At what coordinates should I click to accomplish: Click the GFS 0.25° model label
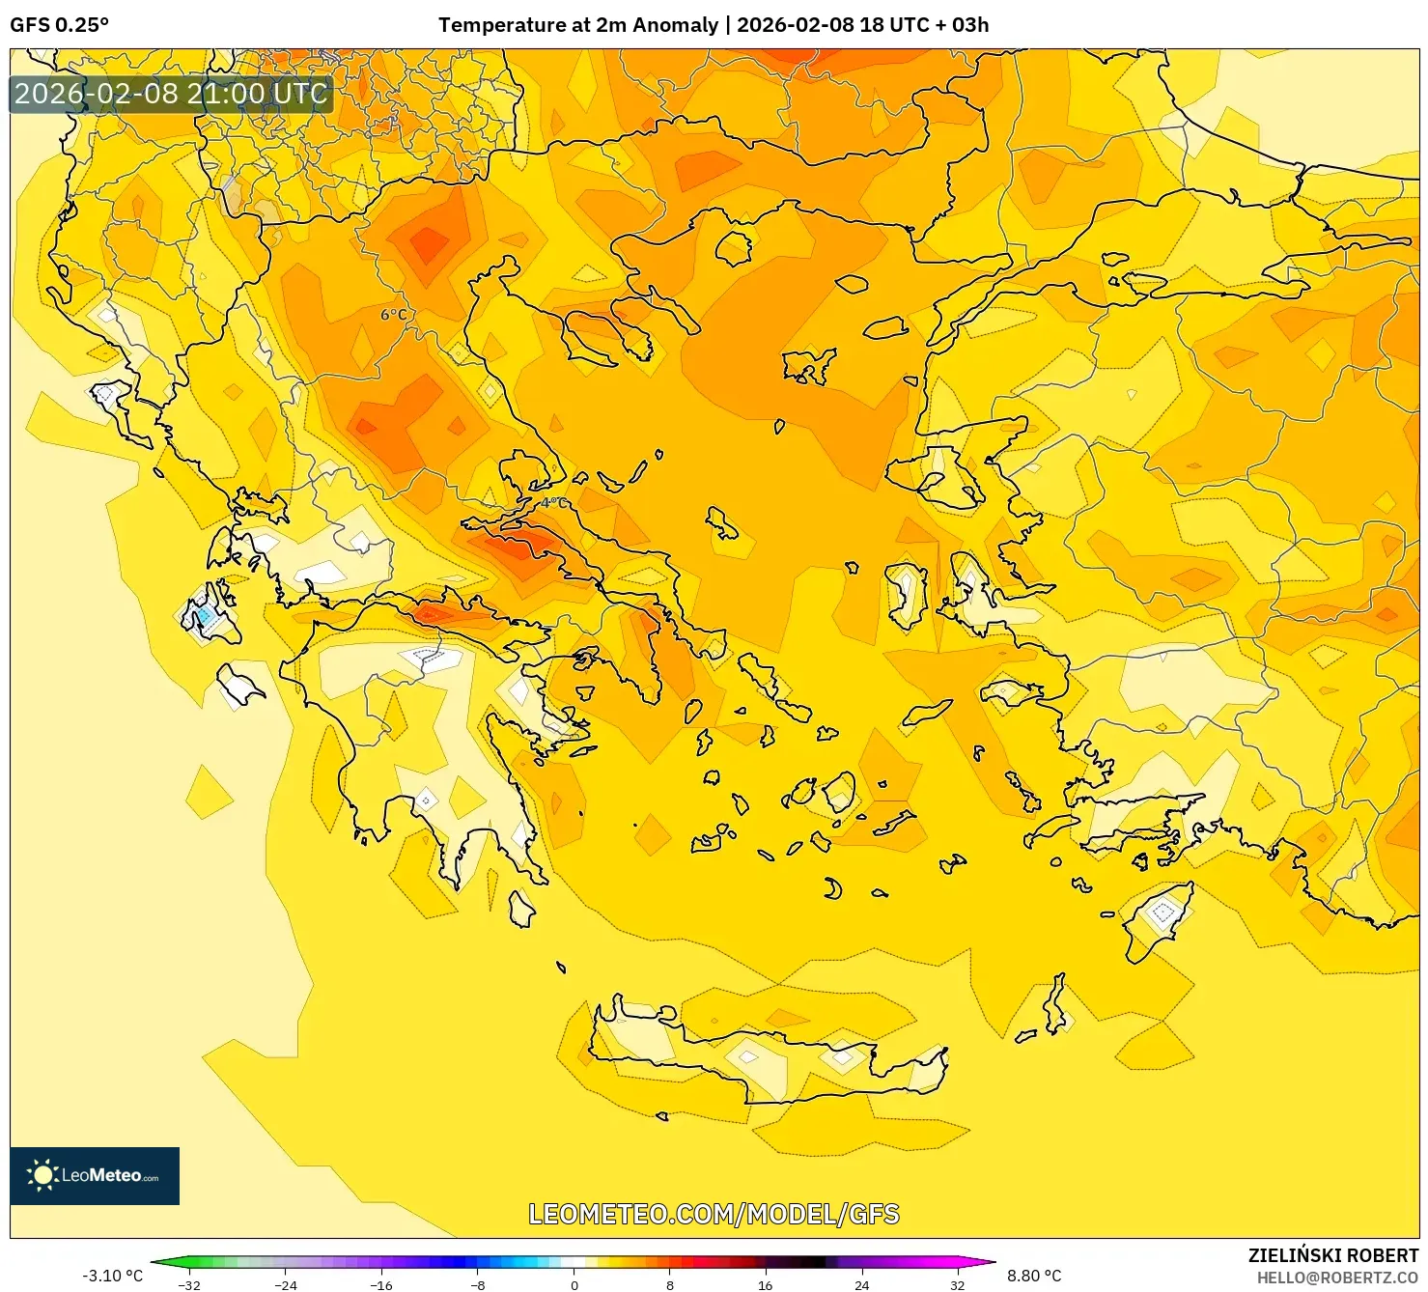[59, 25]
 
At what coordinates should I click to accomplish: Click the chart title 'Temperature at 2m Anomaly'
[577, 25]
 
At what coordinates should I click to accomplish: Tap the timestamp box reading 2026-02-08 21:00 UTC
[171, 94]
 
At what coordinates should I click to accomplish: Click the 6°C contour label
[394, 315]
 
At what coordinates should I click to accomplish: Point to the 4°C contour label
[554, 503]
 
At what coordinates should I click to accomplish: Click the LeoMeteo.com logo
[95, 1175]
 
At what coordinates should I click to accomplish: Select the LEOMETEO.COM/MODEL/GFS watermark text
[714, 1214]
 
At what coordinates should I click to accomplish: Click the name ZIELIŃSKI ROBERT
[1332, 1255]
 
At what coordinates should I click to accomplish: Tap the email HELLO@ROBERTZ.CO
[1336, 1278]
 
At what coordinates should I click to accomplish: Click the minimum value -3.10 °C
[112, 1276]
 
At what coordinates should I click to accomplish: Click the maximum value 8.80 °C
[1034, 1276]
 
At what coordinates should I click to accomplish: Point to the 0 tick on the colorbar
[574, 1284]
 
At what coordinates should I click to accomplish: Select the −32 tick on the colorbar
[189, 1284]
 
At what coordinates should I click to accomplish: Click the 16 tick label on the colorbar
[765, 1284]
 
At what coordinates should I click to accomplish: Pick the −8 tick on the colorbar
[477, 1284]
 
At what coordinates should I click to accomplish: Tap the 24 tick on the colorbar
[861, 1284]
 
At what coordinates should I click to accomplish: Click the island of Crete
[772, 1062]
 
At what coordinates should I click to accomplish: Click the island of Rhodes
[1159, 919]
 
